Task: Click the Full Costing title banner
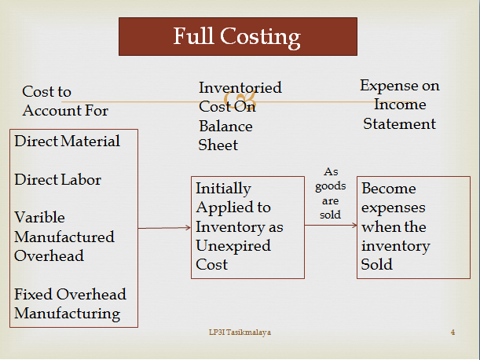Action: click(x=236, y=37)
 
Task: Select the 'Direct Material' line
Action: click(x=68, y=141)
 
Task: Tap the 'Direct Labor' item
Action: click(x=58, y=179)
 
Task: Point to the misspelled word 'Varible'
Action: click(x=39, y=217)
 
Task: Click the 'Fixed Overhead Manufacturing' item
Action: click(x=70, y=303)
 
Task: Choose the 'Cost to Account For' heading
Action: click(x=65, y=101)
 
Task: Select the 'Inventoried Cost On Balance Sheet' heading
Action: click(x=240, y=116)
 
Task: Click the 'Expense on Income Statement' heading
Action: click(x=400, y=105)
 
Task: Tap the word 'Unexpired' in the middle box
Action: click(x=232, y=245)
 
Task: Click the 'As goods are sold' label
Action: click(x=330, y=193)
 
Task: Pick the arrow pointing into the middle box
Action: click(x=165, y=228)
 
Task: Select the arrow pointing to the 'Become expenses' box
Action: click(x=330, y=226)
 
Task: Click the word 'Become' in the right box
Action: click(x=389, y=189)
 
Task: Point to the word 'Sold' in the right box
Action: click(x=376, y=265)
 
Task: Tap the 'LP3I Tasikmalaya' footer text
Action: click(x=235, y=333)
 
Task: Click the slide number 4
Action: click(x=453, y=333)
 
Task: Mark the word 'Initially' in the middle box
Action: click(x=223, y=189)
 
